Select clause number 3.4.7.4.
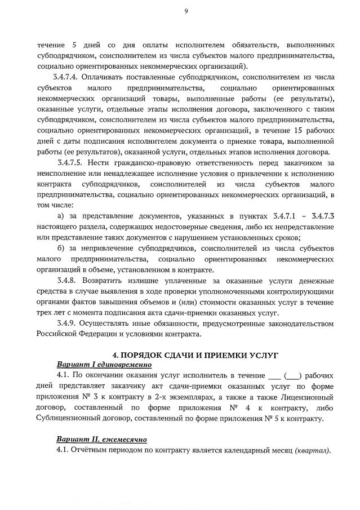68,77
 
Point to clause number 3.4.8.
68,280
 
